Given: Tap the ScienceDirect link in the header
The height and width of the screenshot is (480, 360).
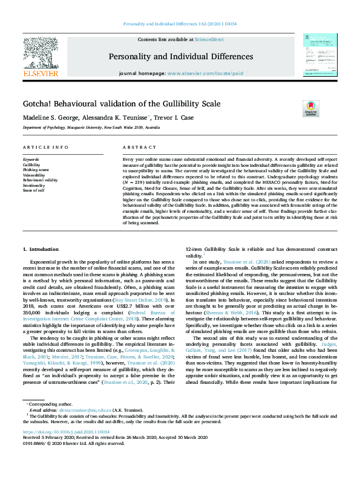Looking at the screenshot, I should coord(209,39).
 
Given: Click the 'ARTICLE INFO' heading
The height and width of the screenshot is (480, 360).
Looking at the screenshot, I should coord(45,148).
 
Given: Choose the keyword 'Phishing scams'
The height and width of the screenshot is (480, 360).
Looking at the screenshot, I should coord(37,169).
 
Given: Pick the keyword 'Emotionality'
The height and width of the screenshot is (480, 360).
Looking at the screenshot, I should coord(35,185).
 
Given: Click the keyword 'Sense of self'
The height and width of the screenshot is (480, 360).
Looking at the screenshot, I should coord(34,190).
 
